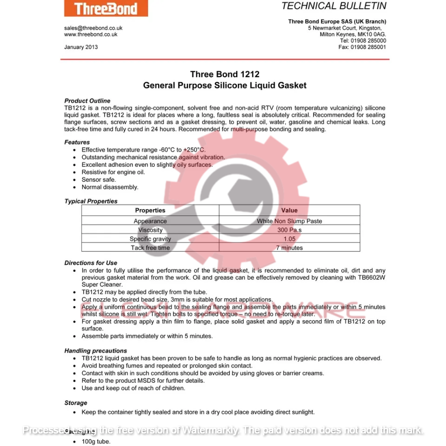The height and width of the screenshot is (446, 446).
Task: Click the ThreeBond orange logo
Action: [106, 9]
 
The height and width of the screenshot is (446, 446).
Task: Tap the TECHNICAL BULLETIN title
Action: [334, 6]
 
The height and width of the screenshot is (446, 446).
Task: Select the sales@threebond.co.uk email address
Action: [93, 28]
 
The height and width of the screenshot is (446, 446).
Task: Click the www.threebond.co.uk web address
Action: [91, 34]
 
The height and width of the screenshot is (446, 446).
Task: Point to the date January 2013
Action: [81, 47]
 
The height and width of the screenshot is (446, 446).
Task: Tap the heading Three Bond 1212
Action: [225, 74]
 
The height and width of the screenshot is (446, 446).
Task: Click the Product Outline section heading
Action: [87, 101]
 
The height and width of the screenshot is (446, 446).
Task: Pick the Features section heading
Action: [77, 142]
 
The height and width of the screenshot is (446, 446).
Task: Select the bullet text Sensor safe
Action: [98, 180]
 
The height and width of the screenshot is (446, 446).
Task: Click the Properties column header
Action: [150, 210]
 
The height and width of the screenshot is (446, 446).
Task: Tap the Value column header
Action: [289, 210]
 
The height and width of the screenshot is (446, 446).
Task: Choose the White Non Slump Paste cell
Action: [289, 221]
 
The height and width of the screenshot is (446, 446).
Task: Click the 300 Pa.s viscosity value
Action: [289, 230]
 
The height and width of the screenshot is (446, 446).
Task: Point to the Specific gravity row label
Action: [150, 239]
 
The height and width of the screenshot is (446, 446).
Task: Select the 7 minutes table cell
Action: [289, 248]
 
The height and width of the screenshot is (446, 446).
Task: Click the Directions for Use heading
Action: [91, 263]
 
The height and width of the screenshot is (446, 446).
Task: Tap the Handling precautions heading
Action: [96, 351]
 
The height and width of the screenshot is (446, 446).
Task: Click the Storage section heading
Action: [76, 403]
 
